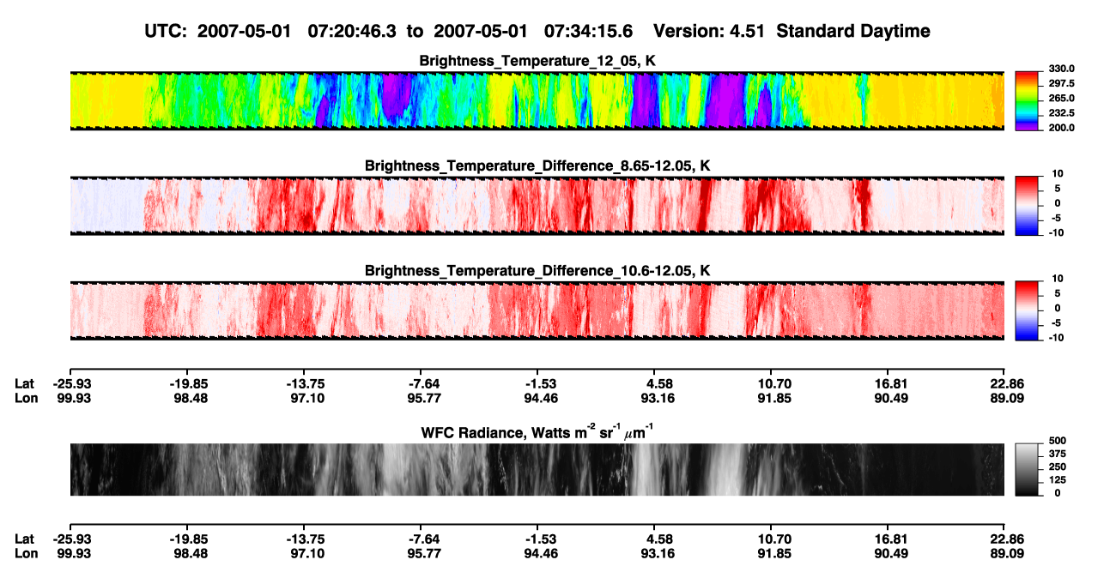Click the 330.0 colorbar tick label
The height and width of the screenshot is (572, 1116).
point(1061,69)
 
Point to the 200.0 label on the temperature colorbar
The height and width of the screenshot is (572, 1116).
point(1061,128)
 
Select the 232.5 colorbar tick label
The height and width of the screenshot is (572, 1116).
point(1061,113)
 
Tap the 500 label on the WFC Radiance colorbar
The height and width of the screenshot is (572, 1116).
point(1058,441)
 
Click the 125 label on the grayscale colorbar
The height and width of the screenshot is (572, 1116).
point(1058,480)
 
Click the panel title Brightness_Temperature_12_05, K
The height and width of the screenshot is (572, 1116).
point(537,61)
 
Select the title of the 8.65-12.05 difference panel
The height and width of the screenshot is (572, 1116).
point(537,166)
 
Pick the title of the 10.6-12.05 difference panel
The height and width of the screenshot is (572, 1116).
point(537,271)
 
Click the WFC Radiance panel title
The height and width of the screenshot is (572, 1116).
point(537,432)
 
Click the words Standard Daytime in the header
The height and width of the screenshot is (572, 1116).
point(853,32)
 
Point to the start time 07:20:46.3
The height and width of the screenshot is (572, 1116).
point(352,32)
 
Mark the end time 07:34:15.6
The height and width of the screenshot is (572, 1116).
point(588,32)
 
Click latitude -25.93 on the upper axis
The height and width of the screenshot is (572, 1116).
point(72,384)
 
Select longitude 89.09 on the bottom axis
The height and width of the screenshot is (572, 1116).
point(1007,554)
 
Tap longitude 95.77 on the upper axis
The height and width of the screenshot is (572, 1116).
point(424,398)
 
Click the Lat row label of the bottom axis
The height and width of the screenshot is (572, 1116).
point(24,539)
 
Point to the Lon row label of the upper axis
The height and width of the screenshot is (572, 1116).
point(26,398)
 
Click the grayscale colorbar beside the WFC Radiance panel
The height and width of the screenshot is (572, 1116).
point(1027,469)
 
